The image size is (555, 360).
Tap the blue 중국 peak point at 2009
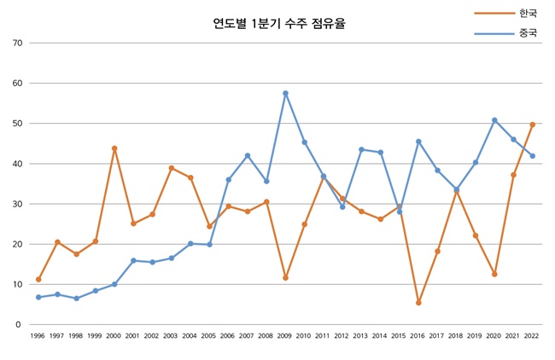[x=285, y=93]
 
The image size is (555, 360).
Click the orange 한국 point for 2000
[x=114, y=148]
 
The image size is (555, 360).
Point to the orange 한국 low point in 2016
[x=418, y=303]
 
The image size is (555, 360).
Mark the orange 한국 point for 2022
[x=533, y=125]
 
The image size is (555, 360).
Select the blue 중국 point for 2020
[x=494, y=120]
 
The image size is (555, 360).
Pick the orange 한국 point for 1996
[x=38, y=280]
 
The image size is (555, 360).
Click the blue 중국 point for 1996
[x=38, y=297]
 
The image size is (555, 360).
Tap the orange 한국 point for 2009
[x=285, y=278]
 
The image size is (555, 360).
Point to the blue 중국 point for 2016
[x=418, y=142]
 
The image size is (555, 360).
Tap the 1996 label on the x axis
[x=38, y=337]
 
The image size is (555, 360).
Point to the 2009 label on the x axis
[x=285, y=337]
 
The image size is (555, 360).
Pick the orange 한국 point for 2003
[x=172, y=168]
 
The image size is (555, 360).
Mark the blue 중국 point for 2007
[x=248, y=155]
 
